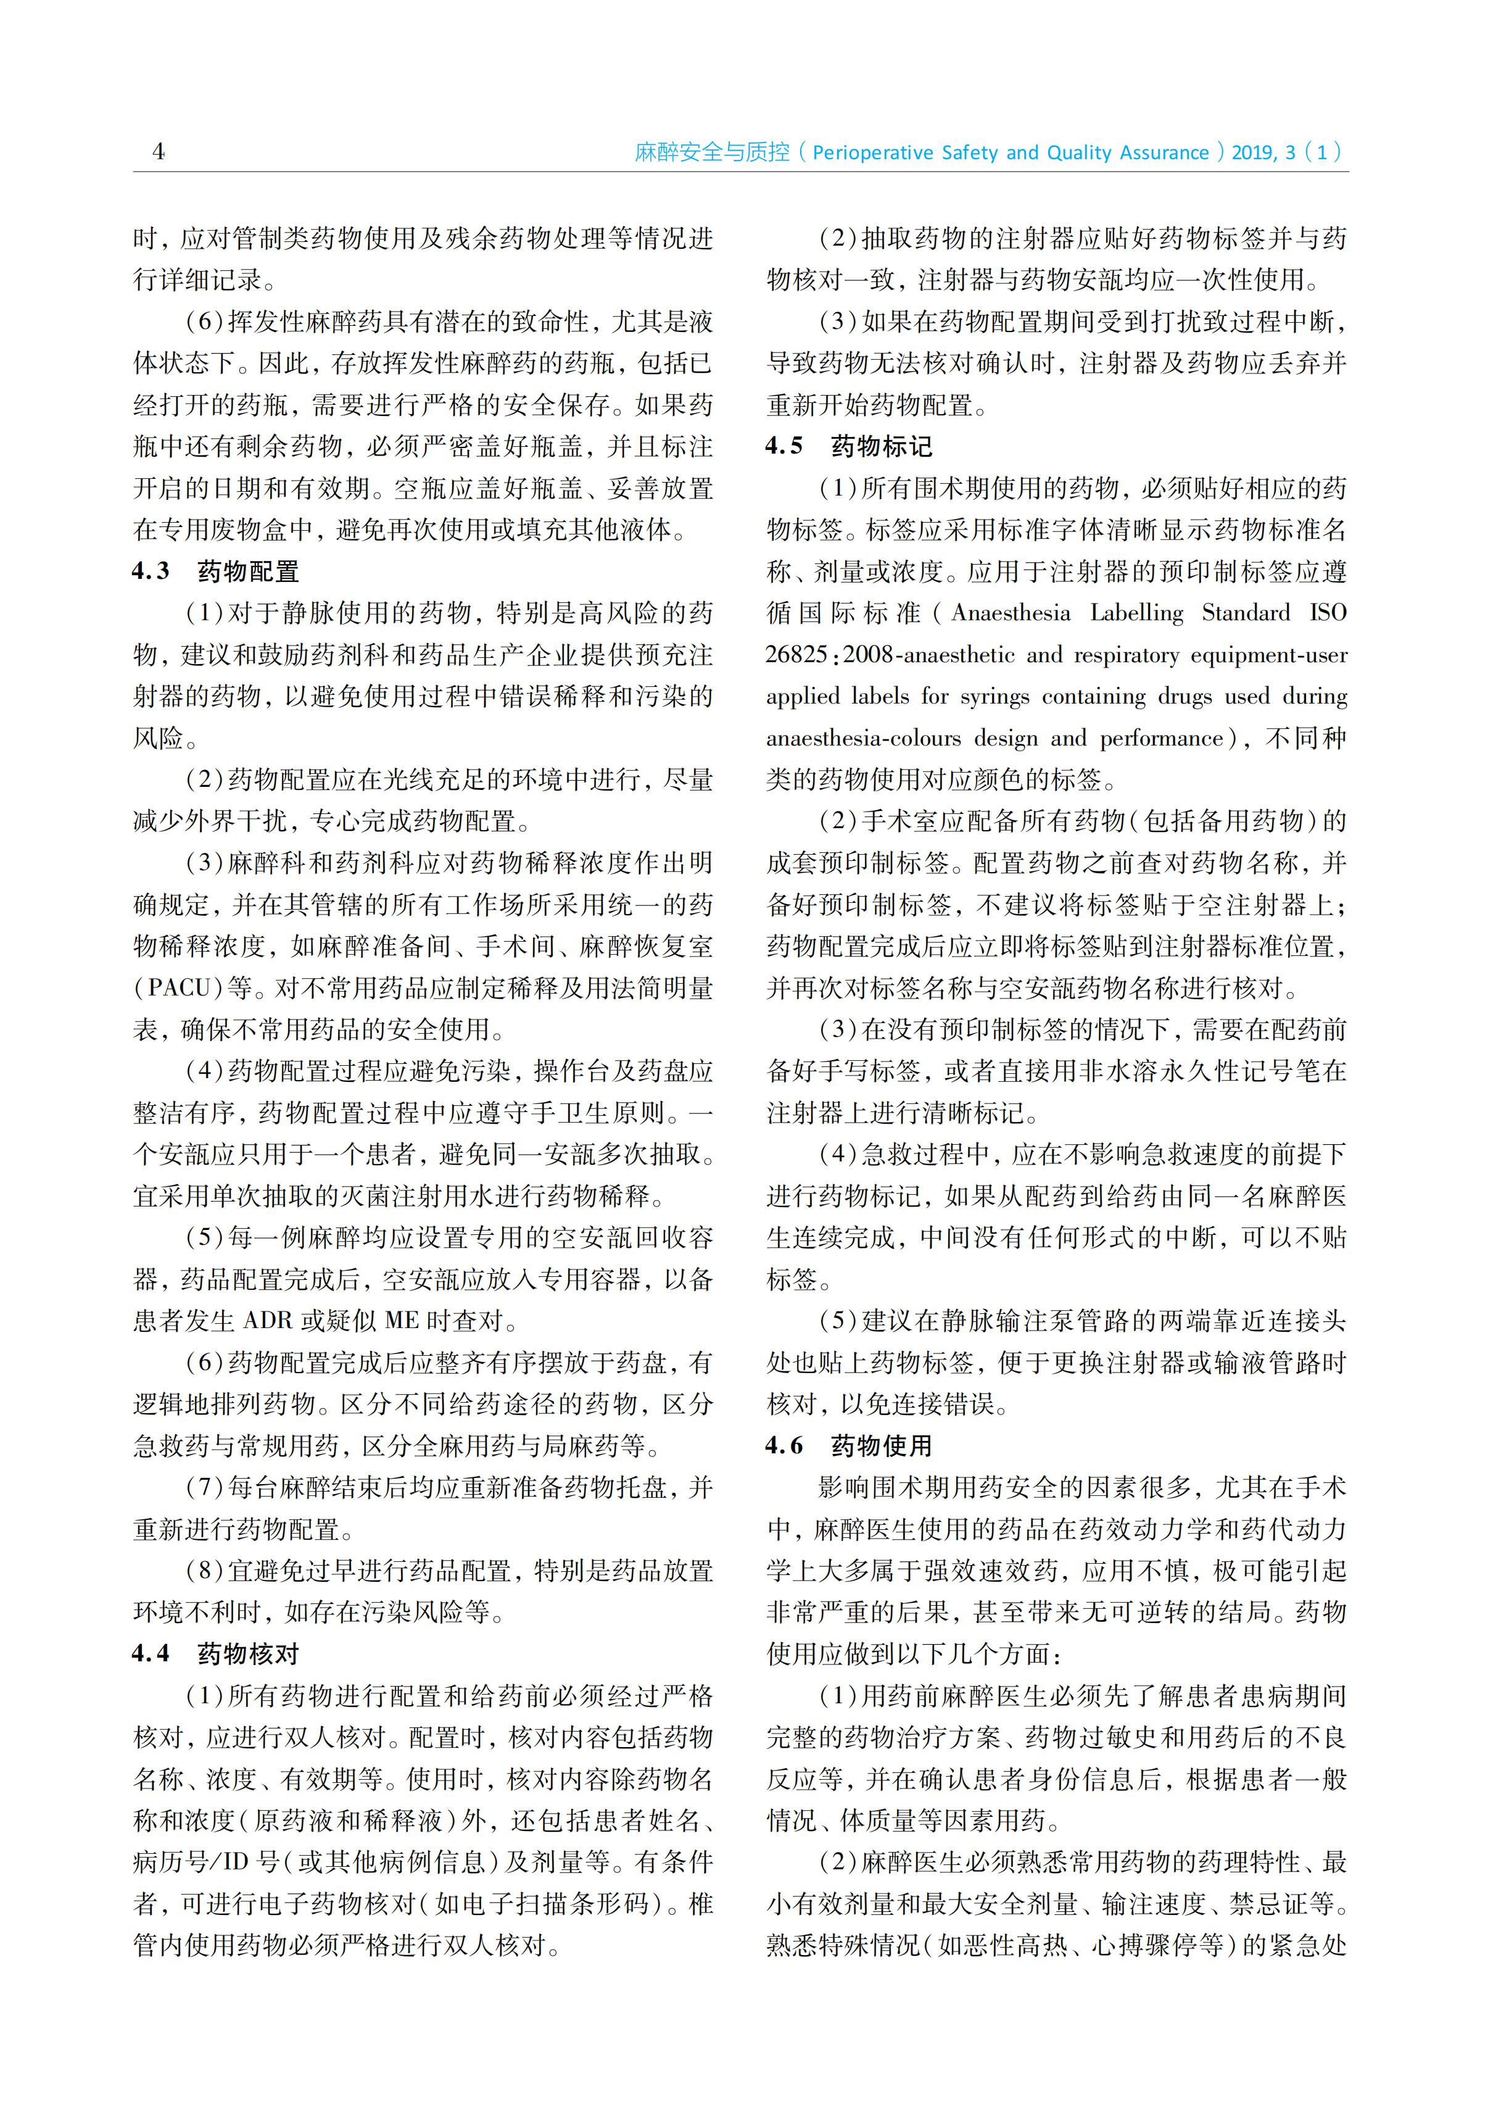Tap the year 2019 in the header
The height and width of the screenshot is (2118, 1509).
(x=1254, y=153)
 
